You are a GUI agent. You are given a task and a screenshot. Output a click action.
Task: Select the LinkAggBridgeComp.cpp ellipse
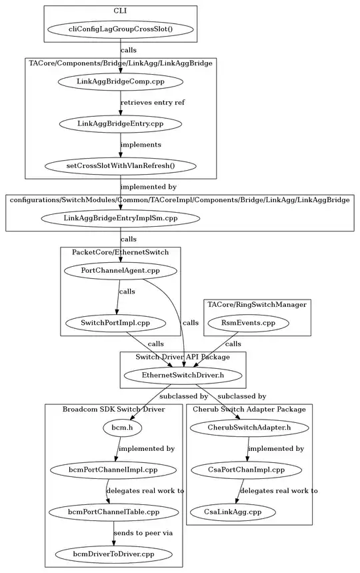coord(120,81)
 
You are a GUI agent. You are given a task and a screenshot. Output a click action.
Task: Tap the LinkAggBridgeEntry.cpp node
coord(120,123)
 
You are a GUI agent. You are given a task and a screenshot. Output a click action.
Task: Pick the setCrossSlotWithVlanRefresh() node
coord(120,165)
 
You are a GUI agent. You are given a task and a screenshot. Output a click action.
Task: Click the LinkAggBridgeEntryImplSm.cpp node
coord(120,217)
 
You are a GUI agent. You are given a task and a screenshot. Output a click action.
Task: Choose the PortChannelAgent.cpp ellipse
coord(120,270)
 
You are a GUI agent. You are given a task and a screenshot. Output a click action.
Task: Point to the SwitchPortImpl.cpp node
coord(115,323)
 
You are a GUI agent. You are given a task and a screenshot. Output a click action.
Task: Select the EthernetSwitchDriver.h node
coord(183,376)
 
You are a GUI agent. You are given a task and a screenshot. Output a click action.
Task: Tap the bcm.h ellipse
coord(120,428)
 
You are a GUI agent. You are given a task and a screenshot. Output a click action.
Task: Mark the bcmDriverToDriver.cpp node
coord(113,554)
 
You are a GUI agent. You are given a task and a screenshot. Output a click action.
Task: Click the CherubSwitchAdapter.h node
coord(249,428)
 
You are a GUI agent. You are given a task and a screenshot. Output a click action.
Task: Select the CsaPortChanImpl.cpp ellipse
coord(247,470)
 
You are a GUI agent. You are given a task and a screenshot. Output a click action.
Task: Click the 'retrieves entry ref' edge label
coord(152,103)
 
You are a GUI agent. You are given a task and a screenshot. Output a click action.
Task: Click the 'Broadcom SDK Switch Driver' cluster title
coord(113,408)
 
